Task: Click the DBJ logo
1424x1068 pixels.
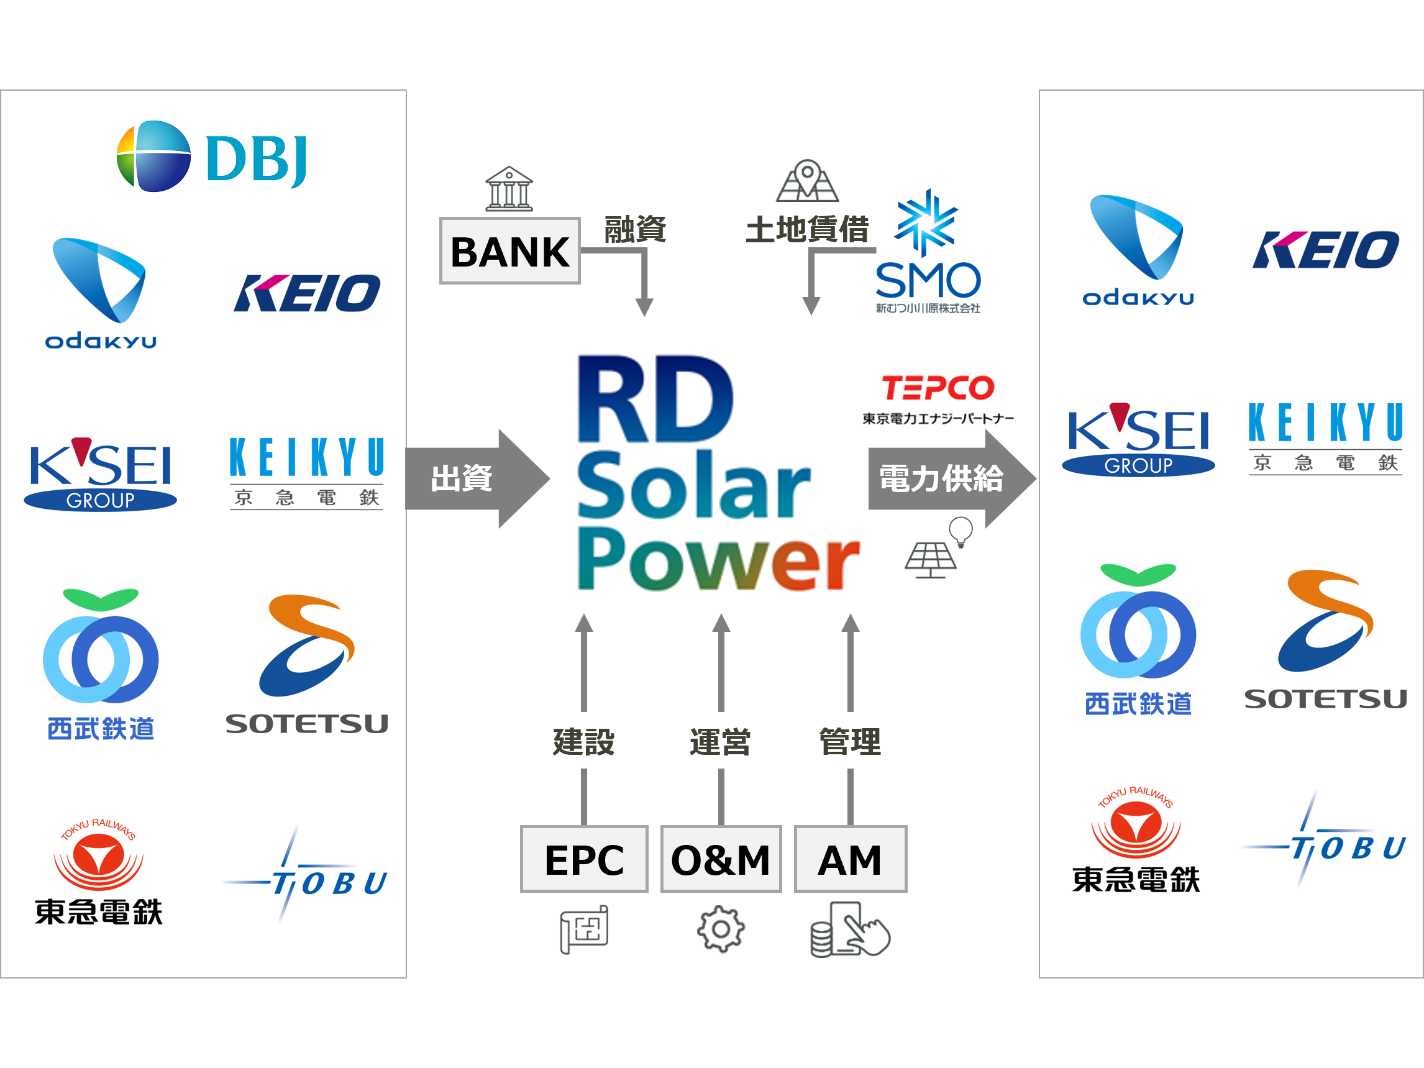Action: [x=211, y=157]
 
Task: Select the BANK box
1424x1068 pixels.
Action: [x=510, y=251]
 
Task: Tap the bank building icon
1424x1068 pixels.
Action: [x=509, y=189]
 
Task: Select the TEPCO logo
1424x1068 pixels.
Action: [x=939, y=398]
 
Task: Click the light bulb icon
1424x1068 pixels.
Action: [x=961, y=532]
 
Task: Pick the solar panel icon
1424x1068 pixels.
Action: [x=930, y=560]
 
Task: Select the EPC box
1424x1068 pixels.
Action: [x=584, y=859]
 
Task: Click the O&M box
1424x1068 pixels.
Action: [x=721, y=859]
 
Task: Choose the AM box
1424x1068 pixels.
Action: [x=850, y=859]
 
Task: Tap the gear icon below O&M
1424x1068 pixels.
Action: [x=721, y=929]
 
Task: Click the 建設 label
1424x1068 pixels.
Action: [x=584, y=741]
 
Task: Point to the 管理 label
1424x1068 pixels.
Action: [x=850, y=741]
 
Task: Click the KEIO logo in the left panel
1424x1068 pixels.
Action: [x=306, y=293]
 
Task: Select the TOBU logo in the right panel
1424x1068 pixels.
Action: [x=1326, y=837]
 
